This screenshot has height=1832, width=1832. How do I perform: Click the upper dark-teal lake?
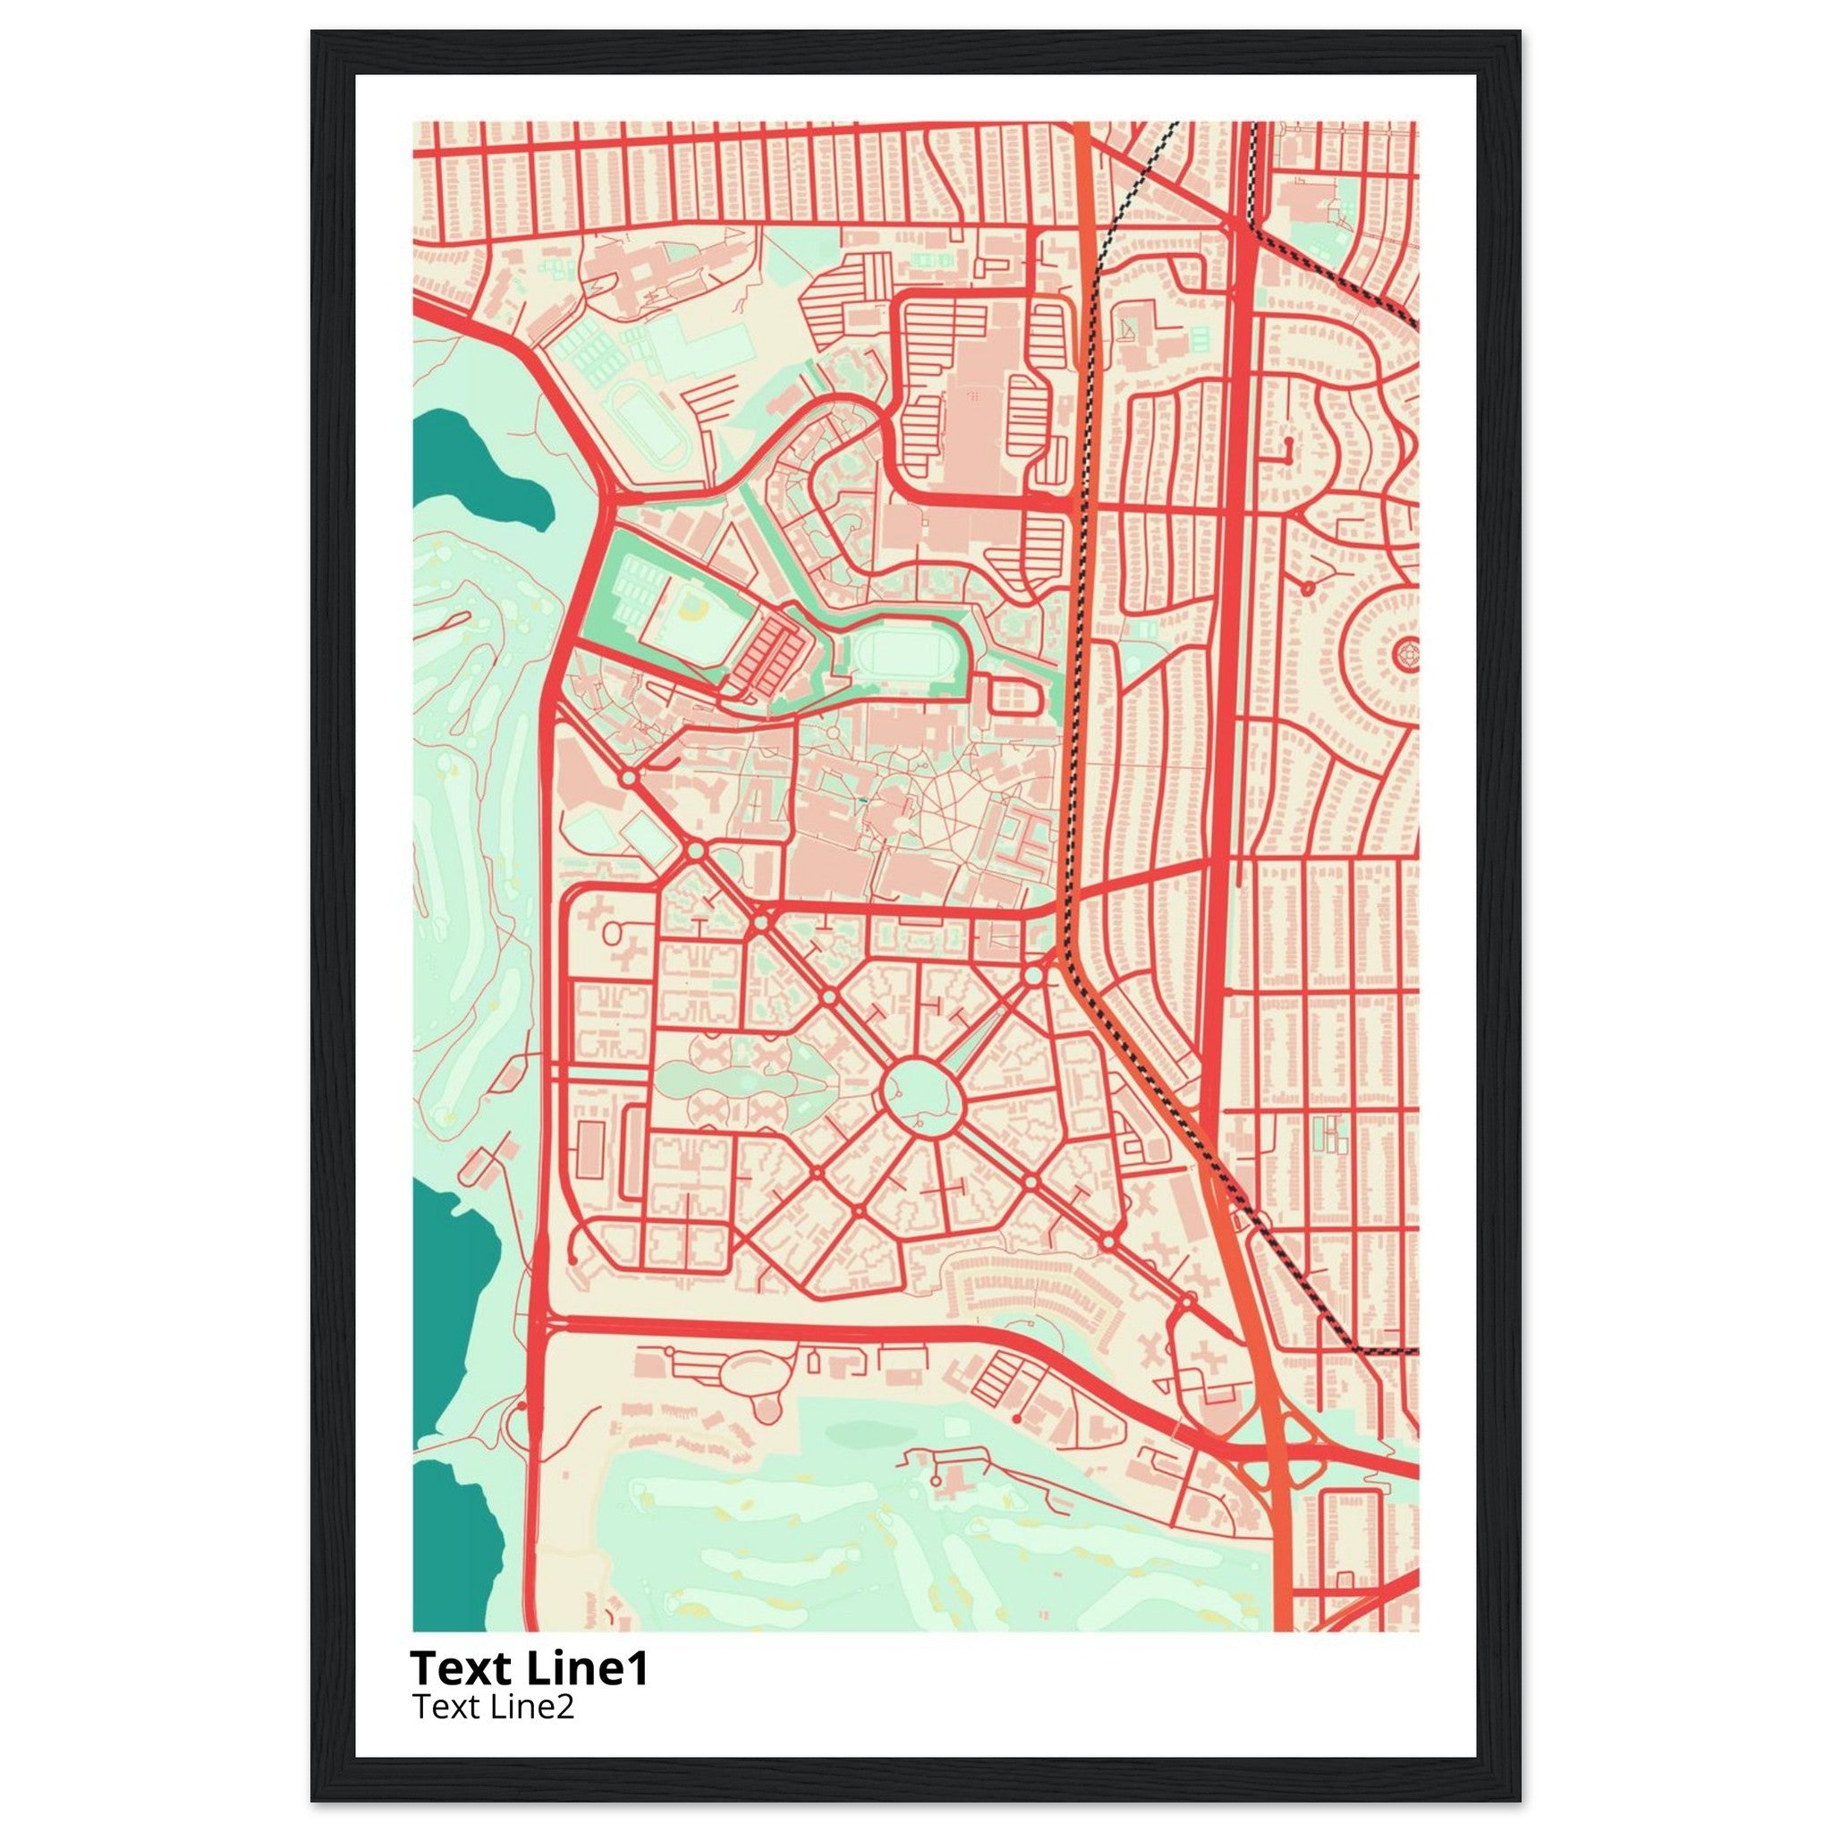click(x=484, y=464)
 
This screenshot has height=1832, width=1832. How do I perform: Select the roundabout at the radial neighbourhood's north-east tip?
click(x=1033, y=976)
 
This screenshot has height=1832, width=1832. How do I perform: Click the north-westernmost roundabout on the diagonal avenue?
click(x=629, y=777)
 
